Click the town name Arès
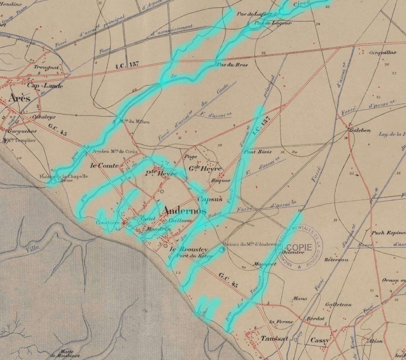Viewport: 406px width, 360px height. (18, 99)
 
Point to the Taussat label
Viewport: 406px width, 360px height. (275, 340)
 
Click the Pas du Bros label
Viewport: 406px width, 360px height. (231, 65)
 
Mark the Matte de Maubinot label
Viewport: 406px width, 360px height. (63, 353)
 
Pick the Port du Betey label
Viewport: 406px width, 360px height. (194, 256)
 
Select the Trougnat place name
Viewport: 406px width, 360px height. (46, 67)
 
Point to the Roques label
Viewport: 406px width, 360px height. (221, 181)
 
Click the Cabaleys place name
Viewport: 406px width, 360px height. (44, 117)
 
